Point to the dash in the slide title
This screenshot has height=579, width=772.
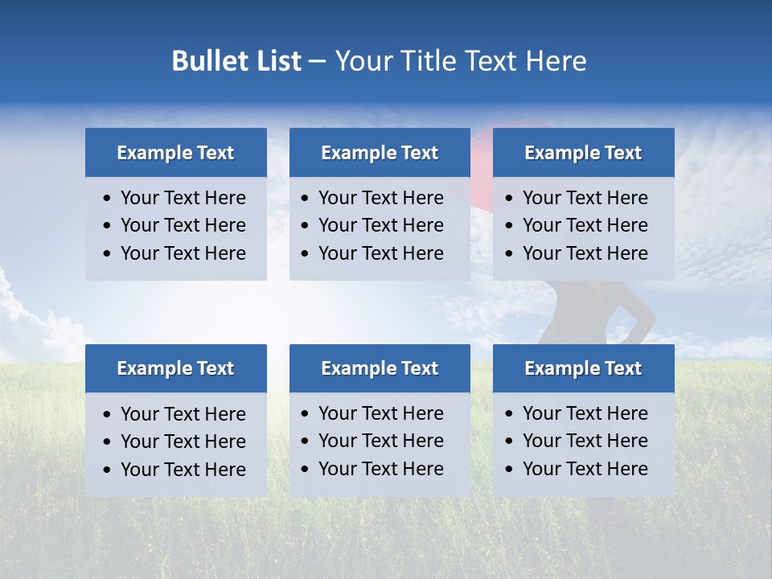pyautogui.click(x=318, y=62)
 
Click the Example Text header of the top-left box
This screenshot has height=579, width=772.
pyautogui.click(x=175, y=153)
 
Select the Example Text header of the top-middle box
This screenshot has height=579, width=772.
pyautogui.click(x=380, y=153)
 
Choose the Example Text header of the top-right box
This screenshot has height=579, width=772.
pyautogui.click(x=583, y=153)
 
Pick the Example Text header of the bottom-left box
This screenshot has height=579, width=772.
pyautogui.click(x=175, y=368)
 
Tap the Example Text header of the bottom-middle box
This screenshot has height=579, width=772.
pyautogui.click(x=380, y=368)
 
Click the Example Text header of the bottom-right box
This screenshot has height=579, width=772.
pyautogui.click(x=583, y=368)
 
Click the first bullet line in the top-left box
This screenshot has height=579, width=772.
pyautogui.click(x=183, y=198)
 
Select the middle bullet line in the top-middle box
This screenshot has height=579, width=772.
pyautogui.click(x=380, y=225)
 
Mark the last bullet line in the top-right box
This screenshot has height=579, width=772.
pyautogui.click(x=585, y=253)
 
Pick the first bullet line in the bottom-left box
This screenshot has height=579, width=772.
pyautogui.click(x=183, y=414)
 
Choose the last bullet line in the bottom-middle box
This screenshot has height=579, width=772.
pyautogui.click(x=380, y=469)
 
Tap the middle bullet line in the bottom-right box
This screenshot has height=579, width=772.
pyautogui.click(x=585, y=441)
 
